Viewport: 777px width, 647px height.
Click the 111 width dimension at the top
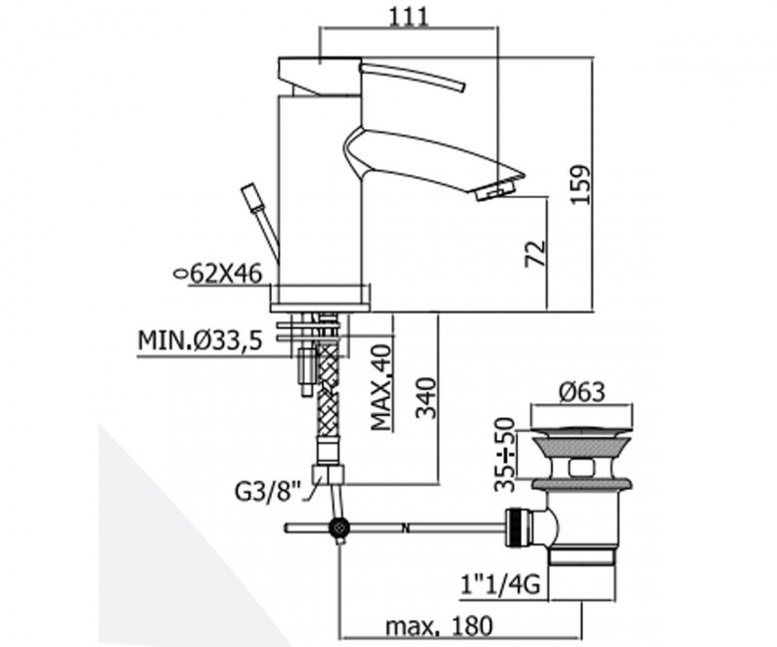point(407,17)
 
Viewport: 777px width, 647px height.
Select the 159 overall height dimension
point(581,184)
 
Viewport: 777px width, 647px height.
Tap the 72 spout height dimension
point(536,254)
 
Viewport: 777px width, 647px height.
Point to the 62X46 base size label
point(217,274)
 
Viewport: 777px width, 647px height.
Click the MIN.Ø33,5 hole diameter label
point(199,340)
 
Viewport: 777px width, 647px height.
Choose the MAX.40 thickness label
point(382,387)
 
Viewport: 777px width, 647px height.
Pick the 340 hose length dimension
point(425,398)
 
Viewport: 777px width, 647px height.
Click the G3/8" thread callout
point(268,492)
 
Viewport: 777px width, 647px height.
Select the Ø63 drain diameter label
point(583,392)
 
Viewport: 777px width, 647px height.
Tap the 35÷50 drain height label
point(504,454)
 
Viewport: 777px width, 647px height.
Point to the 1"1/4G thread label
point(500,586)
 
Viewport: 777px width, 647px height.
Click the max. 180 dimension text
point(439,626)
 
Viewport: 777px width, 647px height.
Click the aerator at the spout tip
point(496,190)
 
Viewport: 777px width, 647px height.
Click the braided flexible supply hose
point(328,388)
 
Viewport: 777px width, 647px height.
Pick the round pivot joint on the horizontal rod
point(339,529)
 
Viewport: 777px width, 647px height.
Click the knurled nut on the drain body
point(518,528)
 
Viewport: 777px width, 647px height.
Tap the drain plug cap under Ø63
point(583,433)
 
